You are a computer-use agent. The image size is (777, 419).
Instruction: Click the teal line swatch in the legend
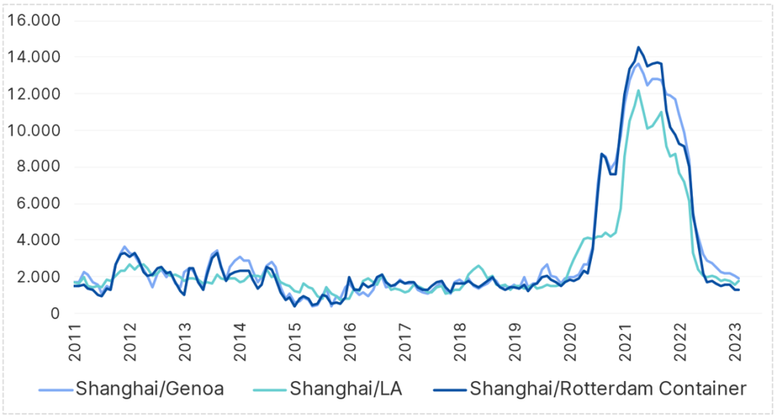coord(267,389)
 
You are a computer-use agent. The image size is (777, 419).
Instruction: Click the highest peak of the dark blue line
coord(638,47)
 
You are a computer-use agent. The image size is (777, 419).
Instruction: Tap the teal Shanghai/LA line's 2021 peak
coord(638,91)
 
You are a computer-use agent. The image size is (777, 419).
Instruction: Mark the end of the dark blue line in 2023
coord(738,290)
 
